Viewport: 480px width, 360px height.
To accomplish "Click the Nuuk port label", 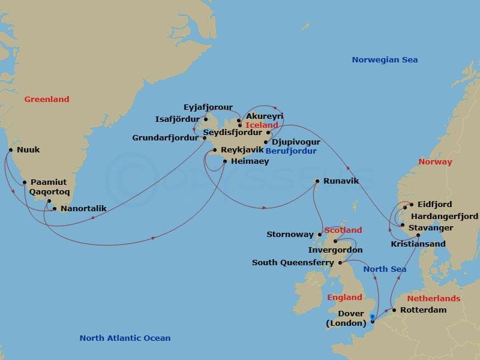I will (x=29, y=151).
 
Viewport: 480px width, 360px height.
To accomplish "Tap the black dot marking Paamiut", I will (x=24, y=182).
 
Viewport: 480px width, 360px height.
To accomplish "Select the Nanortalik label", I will (x=83, y=209).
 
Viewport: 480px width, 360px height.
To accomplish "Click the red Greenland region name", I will (x=47, y=99).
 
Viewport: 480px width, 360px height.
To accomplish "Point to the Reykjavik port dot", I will (x=214, y=149).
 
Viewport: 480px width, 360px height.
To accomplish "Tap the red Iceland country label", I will (x=262, y=125).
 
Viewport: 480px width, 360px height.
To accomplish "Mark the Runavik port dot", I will (x=317, y=181).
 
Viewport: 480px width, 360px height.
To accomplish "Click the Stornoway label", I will (x=290, y=235).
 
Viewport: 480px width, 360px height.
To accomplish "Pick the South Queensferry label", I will (x=293, y=263).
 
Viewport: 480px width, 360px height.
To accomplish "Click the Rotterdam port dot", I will (x=394, y=310).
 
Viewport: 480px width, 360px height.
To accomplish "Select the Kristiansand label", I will (x=418, y=244).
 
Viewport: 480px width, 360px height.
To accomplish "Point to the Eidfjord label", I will (x=435, y=205).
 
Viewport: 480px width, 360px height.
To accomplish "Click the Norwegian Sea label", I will (x=385, y=59).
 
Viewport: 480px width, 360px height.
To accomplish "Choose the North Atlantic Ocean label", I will (x=125, y=338).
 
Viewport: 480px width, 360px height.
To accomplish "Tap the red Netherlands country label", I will (x=434, y=298).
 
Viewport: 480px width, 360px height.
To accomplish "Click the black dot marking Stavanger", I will (x=402, y=225).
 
